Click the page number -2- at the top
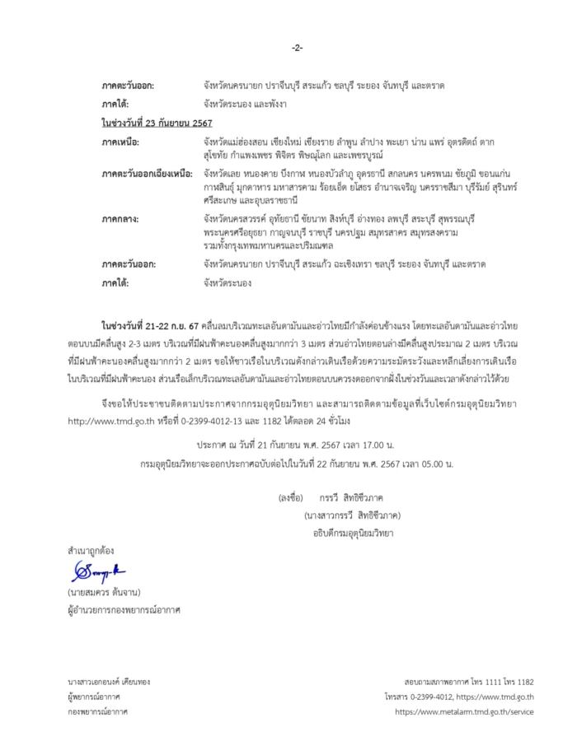[297, 47]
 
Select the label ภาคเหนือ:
[121, 141]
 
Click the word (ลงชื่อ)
[291, 498]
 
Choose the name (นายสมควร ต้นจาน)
[103, 592]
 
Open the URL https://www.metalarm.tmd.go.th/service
[464, 711]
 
